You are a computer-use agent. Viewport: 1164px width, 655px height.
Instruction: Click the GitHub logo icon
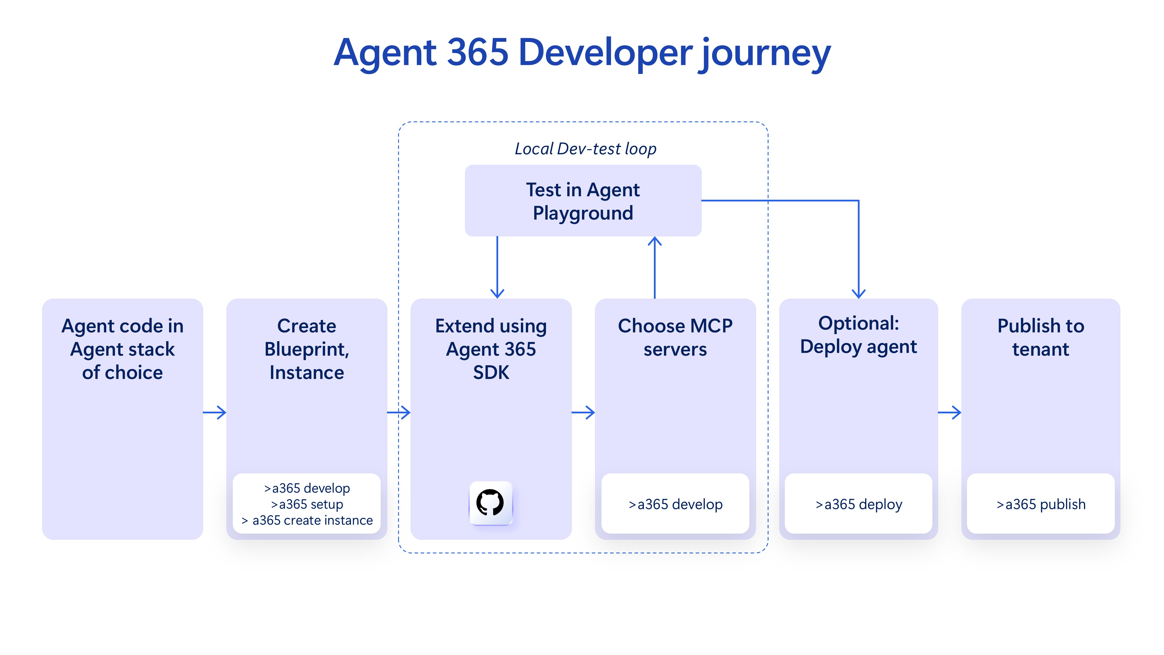(491, 503)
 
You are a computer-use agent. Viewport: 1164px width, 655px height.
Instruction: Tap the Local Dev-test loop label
(585, 149)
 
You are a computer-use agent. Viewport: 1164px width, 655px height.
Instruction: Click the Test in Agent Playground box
(583, 201)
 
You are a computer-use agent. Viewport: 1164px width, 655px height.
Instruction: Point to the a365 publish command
(1041, 504)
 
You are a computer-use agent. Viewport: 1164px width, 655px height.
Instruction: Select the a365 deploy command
(858, 504)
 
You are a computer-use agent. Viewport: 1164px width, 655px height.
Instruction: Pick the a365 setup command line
(307, 504)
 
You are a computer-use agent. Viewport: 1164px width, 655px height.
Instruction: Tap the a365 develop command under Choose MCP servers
(675, 504)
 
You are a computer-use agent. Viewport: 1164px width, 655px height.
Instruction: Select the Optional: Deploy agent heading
(858, 335)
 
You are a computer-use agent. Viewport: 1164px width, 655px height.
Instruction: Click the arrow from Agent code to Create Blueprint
(215, 412)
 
